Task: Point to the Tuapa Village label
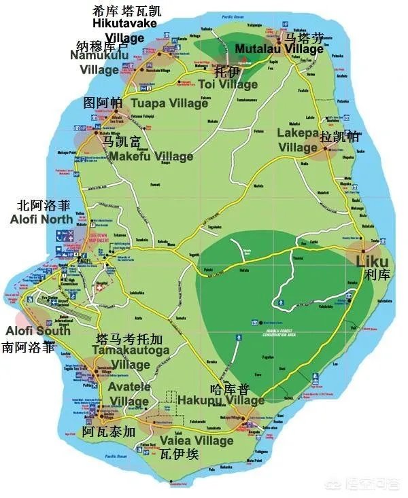click(x=169, y=103)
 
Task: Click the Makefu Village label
click(x=151, y=156)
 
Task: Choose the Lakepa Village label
click(x=298, y=140)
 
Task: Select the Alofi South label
click(x=38, y=331)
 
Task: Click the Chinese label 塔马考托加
click(x=130, y=338)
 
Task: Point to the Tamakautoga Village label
click(x=130, y=357)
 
